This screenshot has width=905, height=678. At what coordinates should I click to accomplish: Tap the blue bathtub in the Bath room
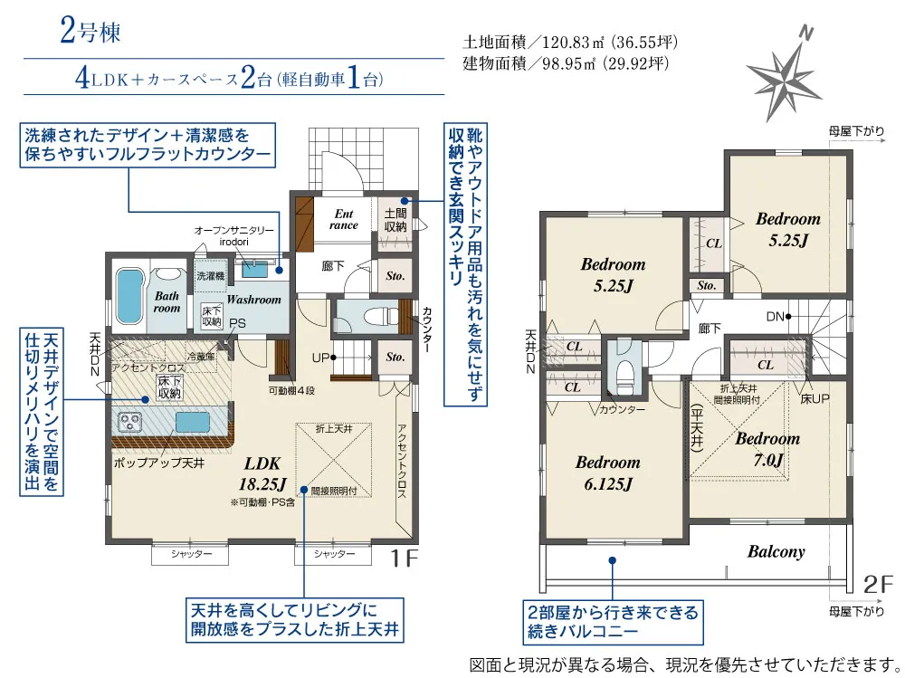click(x=129, y=296)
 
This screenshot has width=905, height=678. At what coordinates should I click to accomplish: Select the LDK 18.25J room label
click(x=262, y=473)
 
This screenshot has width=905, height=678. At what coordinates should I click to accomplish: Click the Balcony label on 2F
click(x=776, y=551)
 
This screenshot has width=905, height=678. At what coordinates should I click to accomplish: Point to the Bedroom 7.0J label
click(x=767, y=449)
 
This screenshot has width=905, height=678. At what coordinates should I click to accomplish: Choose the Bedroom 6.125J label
click(x=608, y=473)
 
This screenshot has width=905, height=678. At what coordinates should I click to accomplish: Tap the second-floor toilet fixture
click(x=624, y=373)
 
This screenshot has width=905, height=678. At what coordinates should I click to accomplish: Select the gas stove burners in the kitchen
click(x=131, y=422)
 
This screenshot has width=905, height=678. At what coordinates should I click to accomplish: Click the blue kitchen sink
click(x=193, y=422)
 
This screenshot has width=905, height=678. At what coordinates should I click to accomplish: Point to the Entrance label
click(x=344, y=219)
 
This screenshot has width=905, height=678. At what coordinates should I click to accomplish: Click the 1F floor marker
click(x=403, y=558)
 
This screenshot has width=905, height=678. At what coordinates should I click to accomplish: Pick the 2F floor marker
click(x=878, y=585)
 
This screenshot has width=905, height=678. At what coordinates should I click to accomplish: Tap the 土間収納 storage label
click(x=395, y=220)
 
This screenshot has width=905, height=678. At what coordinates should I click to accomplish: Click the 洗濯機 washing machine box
click(x=210, y=276)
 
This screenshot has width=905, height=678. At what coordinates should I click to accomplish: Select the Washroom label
click(x=254, y=299)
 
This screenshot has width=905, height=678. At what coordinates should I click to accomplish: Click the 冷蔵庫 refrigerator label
click(x=201, y=357)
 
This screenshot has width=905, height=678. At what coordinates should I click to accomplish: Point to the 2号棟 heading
click(x=90, y=31)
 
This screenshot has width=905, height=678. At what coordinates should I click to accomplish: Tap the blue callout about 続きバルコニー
click(x=613, y=621)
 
